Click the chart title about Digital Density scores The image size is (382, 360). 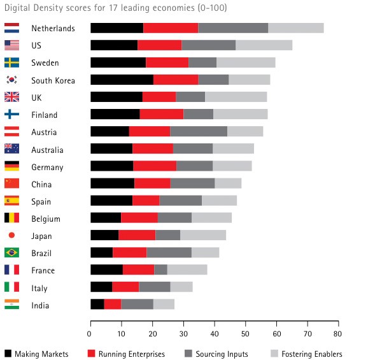pos(115,8)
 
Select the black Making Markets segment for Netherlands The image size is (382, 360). pos(117,28)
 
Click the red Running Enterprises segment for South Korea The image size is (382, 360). pos(175,80)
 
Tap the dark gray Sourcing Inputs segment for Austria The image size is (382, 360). pos(198,132)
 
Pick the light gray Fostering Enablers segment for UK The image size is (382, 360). pos(236,97)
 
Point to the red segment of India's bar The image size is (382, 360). pos(112,305)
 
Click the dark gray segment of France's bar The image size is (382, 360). pos(160,270)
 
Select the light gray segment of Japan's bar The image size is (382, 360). pos(202,236)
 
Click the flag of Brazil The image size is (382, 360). pos(11,253)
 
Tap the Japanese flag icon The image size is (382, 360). pos(11,236)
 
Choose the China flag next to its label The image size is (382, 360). pos(11,184)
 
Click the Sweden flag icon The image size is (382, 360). pos(11,62)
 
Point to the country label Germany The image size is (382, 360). pos(47,167)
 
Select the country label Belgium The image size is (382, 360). pos(45,219)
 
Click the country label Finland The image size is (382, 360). pos(44,115)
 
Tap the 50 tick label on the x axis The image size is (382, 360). pos(245,333)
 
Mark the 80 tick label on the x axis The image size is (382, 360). pos(338,333)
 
